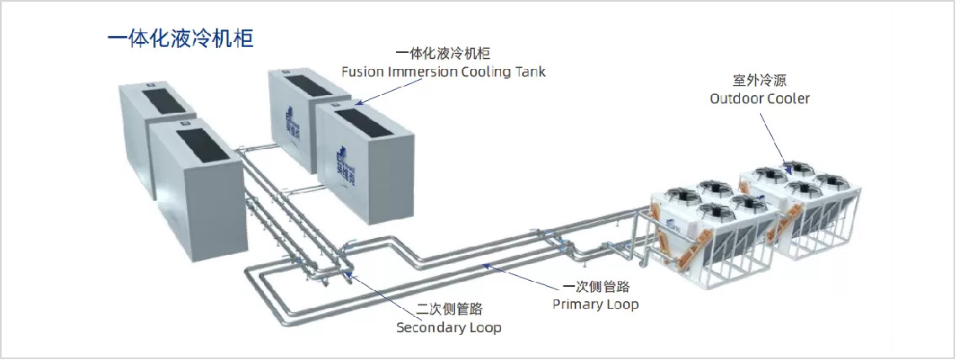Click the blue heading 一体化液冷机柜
[x=181, y=39]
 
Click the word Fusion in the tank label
[x=362, y=71]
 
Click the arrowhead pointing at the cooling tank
[x=359, y=103]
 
